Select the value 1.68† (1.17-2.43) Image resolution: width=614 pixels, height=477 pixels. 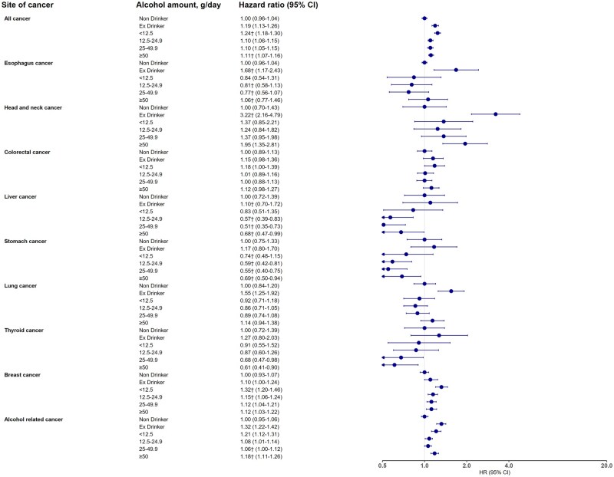click(x=266, y=70)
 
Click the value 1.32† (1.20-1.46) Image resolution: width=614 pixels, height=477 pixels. click(x=266, y=387)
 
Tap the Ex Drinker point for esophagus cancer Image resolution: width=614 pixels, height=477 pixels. click(x=456, y=70)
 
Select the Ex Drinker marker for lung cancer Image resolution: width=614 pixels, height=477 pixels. click(x=451, y=291)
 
